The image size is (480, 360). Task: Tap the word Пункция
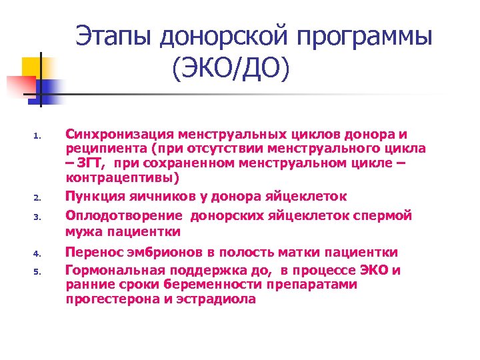tap(95, 196)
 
